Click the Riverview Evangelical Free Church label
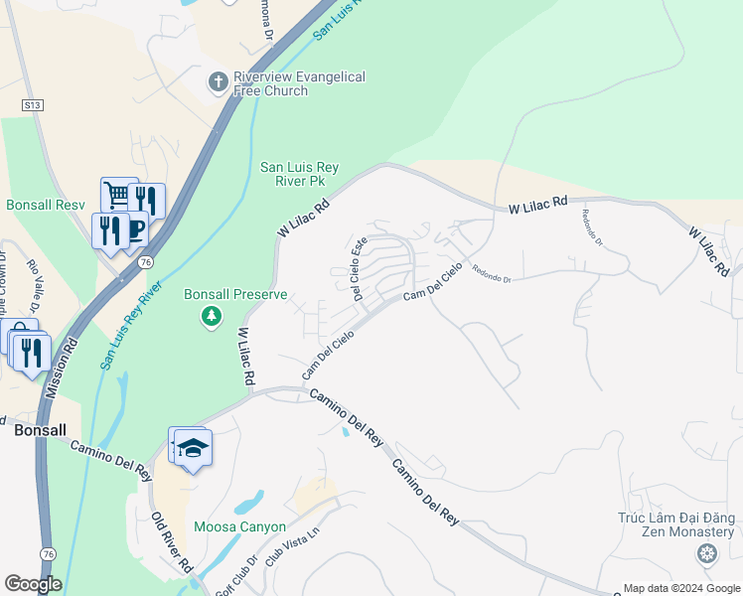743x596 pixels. (x=298, y=83)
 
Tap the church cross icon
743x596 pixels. (x=219, y=81)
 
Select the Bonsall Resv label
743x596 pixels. (x=46, y=205)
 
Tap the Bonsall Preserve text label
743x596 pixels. (x=235, y=294)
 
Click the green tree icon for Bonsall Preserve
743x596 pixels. (x=211, y=317)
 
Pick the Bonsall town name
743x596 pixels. (x=41, y=430)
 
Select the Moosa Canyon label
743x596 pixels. (x=240, y=526)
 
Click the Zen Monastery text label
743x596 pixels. (x=677, y=524)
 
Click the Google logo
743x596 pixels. (x=33, y=584)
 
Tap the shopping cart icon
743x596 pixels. (x=117, y=195)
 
